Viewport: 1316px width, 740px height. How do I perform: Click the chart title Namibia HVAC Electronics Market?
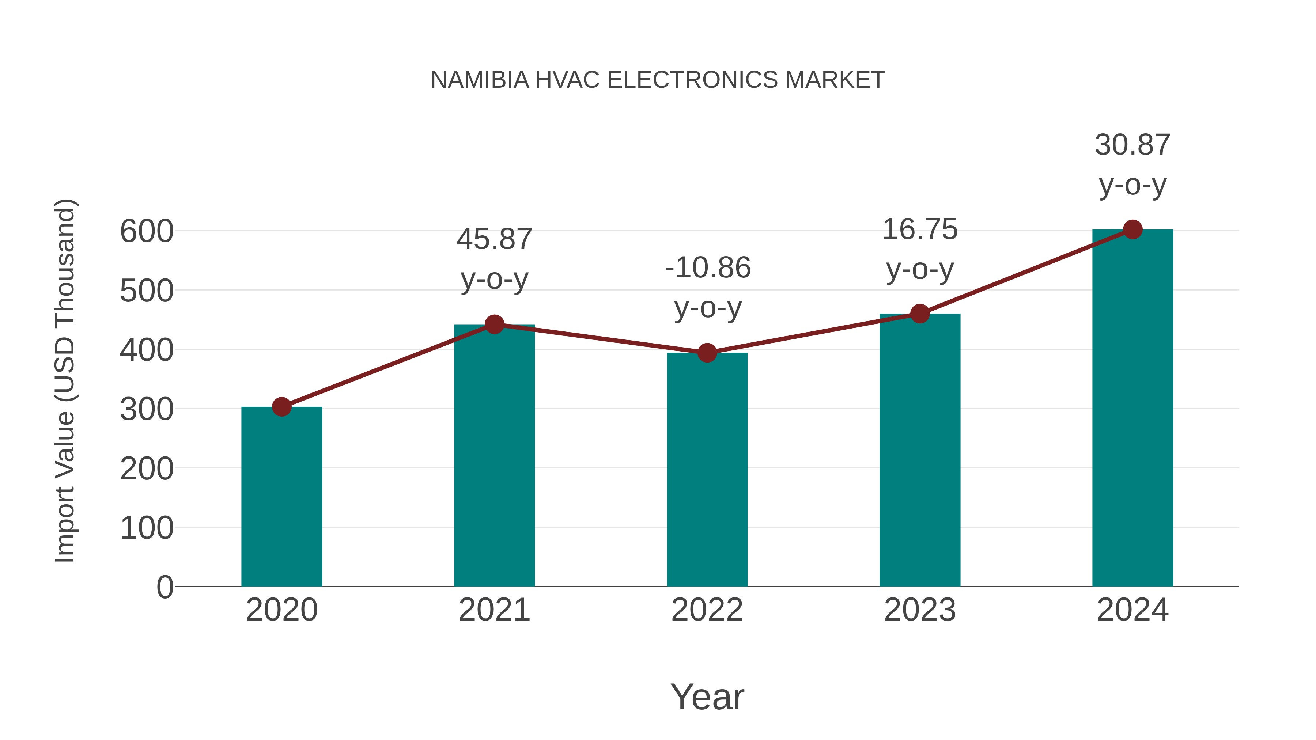coord(658,80)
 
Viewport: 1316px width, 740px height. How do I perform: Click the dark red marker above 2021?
coord(494,324)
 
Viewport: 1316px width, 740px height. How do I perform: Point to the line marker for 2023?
coord(920,314)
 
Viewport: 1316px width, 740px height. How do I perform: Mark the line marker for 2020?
coord(281,407)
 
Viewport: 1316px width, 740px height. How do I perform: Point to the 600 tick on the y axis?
coord(147,231)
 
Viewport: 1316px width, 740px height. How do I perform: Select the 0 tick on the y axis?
coord(164,587)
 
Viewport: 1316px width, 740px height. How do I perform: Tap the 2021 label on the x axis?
coord(494,610)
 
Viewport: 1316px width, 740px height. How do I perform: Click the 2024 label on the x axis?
coord(1132,610)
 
